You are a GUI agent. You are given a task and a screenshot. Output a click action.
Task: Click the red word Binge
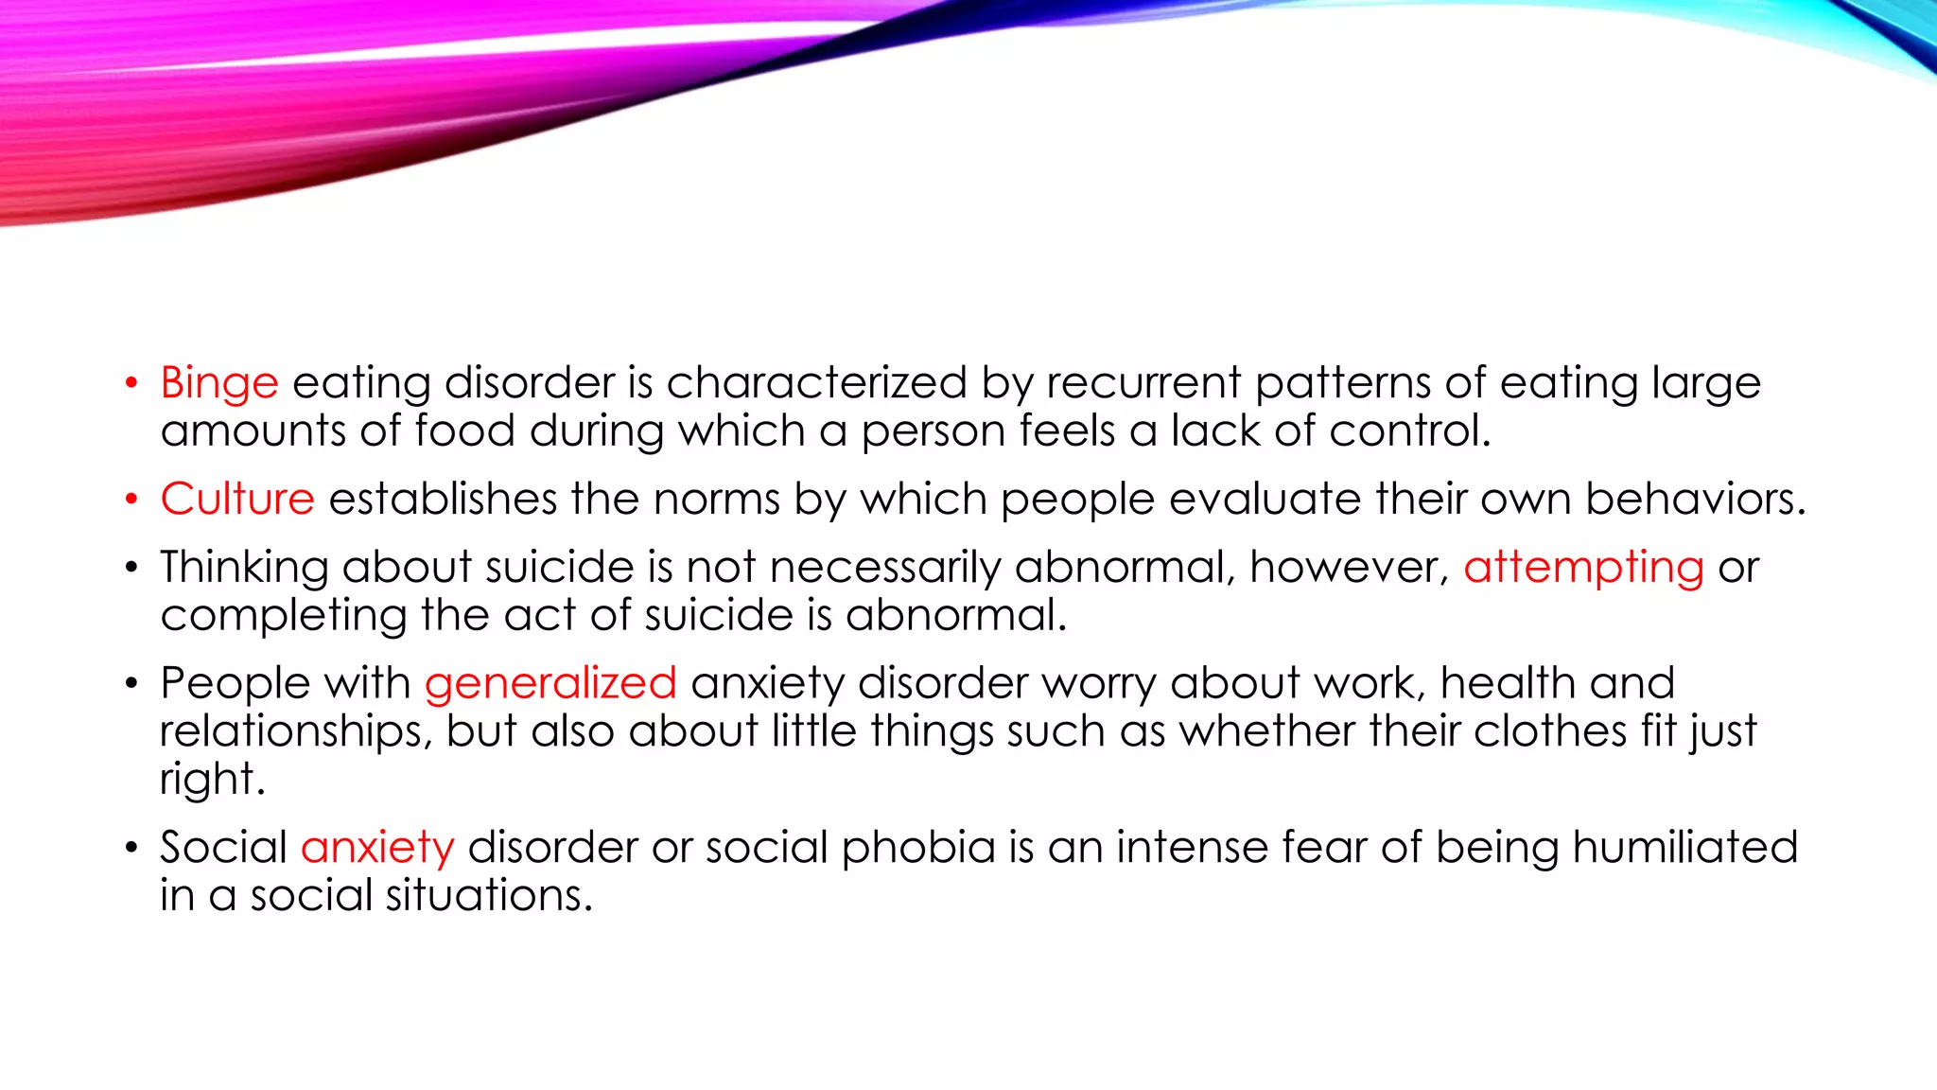[x=219, y=384]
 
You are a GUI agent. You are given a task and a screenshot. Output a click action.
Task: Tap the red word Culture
[x=237, y=499]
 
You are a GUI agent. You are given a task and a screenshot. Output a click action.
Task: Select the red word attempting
[x=1583, y=569]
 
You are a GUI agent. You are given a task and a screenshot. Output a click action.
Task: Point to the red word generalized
[x=550, y=684]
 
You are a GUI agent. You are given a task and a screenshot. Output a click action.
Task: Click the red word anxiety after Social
[x=377, y=848]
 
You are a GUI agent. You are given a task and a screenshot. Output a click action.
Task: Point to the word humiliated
[x=1684, y=847]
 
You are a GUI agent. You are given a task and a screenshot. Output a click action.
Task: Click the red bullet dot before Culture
[x=131, y=499]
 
